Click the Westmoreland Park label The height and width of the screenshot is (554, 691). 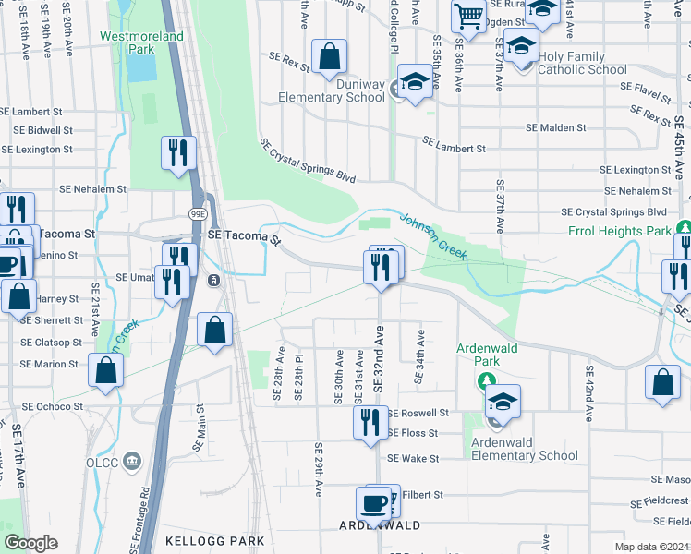click(x=141, y=42)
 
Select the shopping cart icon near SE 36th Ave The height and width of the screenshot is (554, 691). click(x=468, y=15)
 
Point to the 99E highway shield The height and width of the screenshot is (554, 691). click(x=199, y=212)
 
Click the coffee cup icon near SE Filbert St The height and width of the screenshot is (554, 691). click(x=374, y=504)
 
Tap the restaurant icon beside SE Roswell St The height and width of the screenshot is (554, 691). click(x=370, y=422)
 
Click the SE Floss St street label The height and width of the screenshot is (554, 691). click(x=412, y=432)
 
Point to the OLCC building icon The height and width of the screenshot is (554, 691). click(x=131, y=461)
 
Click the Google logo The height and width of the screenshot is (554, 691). click(x=30, y=543)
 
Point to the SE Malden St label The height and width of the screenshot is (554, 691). click(x=555, y=127)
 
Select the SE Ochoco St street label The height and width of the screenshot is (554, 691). click(x=52, y=406)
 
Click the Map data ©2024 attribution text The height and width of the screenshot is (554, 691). click(x=651, y=547)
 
